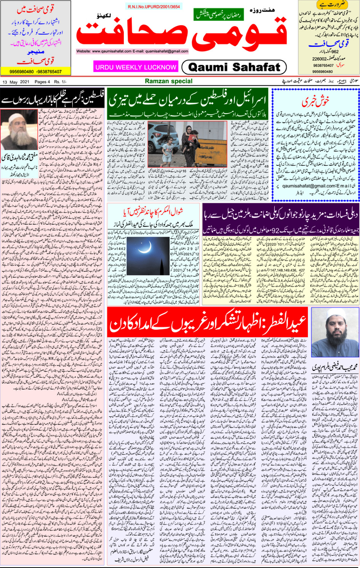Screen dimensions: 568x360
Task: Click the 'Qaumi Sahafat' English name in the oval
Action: (234, 67)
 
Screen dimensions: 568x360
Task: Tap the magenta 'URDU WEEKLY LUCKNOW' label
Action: (136, 67)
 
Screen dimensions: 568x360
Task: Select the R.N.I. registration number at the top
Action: (154, 7)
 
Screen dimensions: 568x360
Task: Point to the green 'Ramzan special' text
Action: (168, 81)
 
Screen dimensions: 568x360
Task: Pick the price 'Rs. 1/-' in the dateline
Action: (60, 82)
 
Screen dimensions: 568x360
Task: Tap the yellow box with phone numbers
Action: (36, 71)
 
